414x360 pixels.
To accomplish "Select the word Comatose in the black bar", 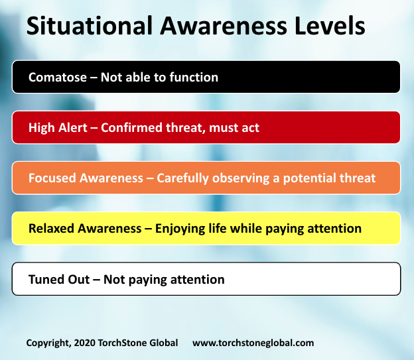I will click(58, 78).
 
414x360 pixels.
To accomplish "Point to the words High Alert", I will click(58, 128).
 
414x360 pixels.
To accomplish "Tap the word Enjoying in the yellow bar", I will click(182, 229).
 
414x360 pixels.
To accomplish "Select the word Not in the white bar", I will click(110, 279).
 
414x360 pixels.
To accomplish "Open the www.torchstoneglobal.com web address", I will click(253, 343).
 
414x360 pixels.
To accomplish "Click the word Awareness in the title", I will click(214, 27).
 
